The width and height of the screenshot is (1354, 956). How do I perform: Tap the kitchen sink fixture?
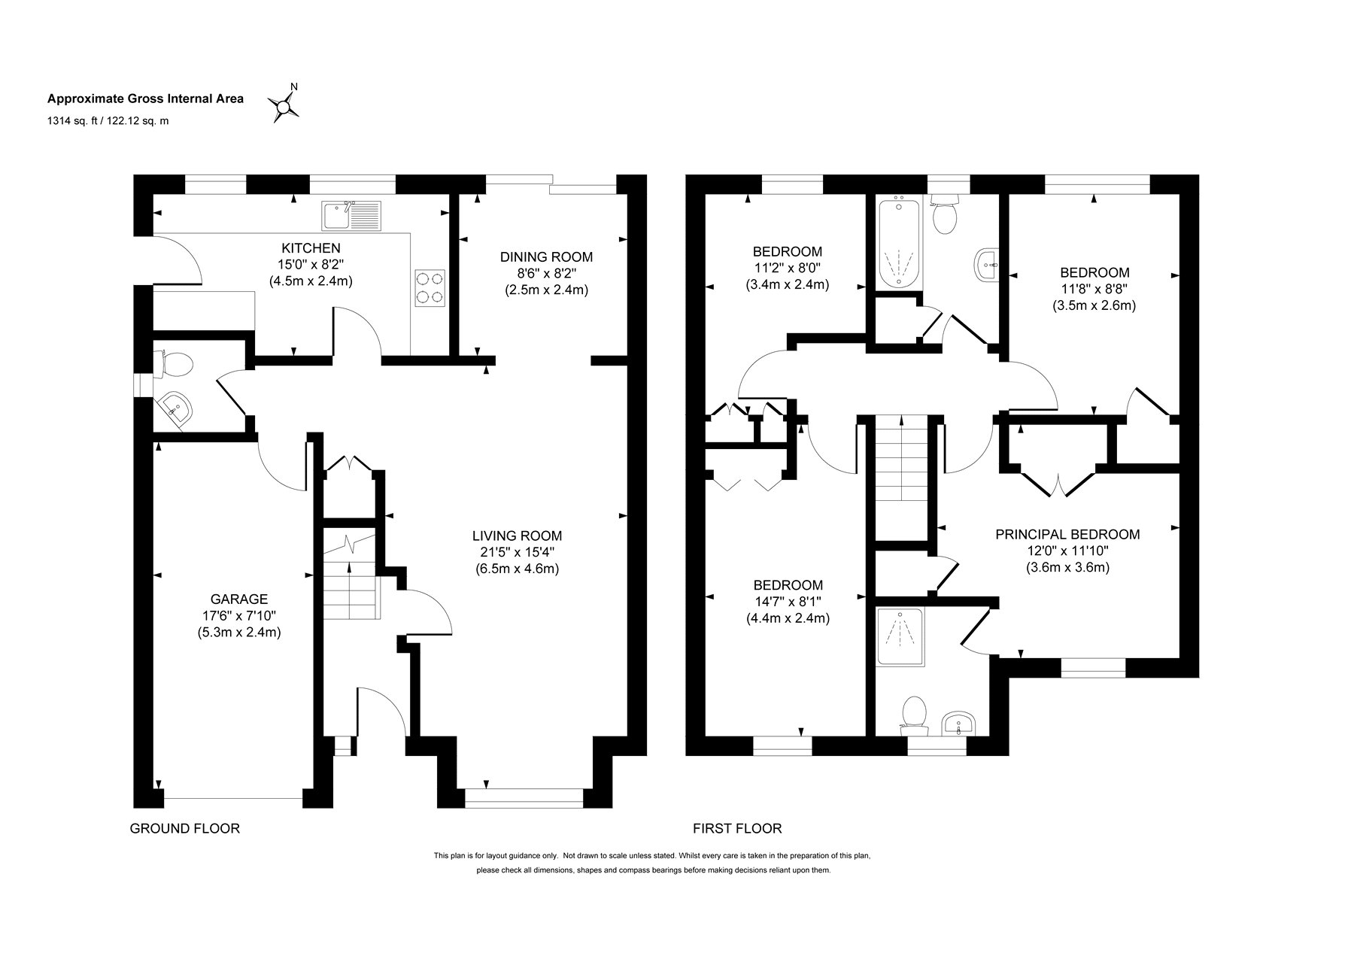coord(353,216)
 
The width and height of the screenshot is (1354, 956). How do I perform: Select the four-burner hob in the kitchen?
coord(430,287)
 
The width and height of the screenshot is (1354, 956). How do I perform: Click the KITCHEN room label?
coord(311,248)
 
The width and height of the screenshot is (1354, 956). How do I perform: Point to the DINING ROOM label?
coord(546,257)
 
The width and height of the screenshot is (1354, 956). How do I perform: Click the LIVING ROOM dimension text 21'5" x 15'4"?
coord(517,553)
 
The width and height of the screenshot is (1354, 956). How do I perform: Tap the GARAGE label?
coord(238,599)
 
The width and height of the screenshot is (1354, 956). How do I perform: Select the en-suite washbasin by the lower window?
coord(958,724)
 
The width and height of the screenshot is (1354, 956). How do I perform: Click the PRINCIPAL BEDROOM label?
coord(1067,535)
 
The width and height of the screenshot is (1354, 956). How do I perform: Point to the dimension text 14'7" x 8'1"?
coord(788,602)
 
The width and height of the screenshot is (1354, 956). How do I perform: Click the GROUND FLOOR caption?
coord(185,829)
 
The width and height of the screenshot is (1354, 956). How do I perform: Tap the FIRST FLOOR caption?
coord(737,829)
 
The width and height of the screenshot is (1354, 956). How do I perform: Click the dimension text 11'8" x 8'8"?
coord(1094,289)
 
